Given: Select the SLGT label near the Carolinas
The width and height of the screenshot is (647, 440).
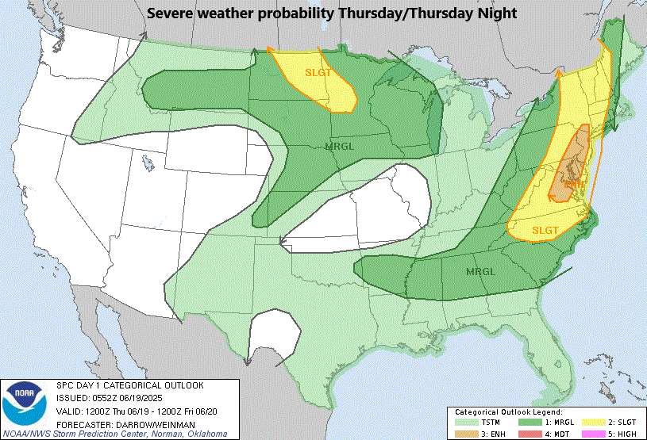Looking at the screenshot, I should click(545, 230).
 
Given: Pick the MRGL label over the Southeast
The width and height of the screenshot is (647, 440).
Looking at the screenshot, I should click(479, 271).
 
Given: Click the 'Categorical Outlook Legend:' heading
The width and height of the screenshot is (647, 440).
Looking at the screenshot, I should click(508, 412).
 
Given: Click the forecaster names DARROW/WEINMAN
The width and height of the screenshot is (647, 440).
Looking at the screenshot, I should click(154, 423).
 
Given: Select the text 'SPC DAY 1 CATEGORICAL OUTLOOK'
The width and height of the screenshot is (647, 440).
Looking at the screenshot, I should click(129, 386).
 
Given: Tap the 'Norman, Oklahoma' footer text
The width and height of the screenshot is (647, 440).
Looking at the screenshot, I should click(190, 434).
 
